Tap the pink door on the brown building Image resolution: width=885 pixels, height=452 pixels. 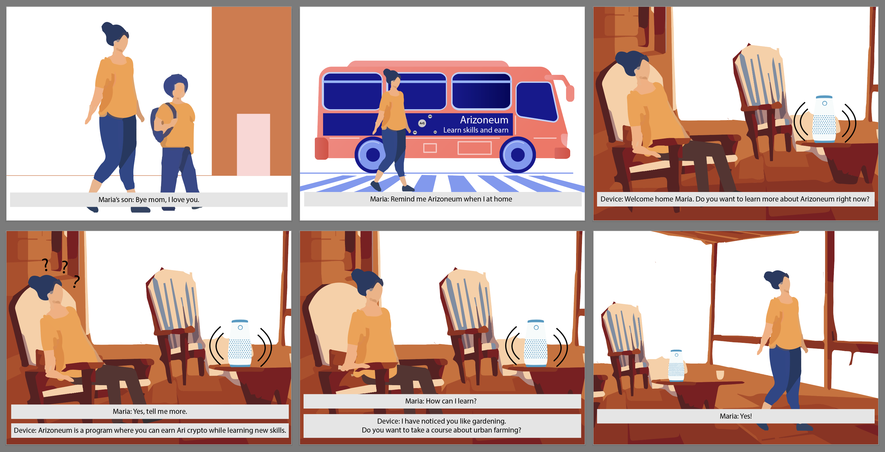(x=253, y=145)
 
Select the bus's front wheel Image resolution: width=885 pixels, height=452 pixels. (x=517, y=155)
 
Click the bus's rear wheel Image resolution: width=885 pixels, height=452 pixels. (x=372, y=155)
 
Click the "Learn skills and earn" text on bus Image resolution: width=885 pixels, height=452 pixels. (x=476, y=130)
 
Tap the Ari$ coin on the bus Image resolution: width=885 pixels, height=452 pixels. (x=422, y=123)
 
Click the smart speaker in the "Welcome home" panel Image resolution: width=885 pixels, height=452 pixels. (x=824, y=119)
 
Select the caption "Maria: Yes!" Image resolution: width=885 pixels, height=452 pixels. (x=735, y=416)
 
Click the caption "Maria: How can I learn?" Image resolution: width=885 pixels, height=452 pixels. (x=441, y=401)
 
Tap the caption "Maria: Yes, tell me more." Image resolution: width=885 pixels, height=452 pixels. (x=150, y=411)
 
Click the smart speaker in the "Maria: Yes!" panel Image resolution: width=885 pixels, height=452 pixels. (x=676, y=365)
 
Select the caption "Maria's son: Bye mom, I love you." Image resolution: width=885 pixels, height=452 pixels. (x=149, y=200)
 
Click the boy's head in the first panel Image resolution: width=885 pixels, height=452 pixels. (x=176, y=86)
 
